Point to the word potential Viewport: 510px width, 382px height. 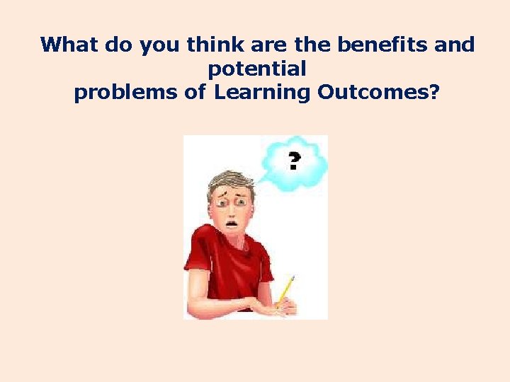tap(256, 69)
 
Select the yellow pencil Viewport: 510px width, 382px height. tap(285, 289)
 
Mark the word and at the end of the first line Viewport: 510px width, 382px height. tap(456, 45)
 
